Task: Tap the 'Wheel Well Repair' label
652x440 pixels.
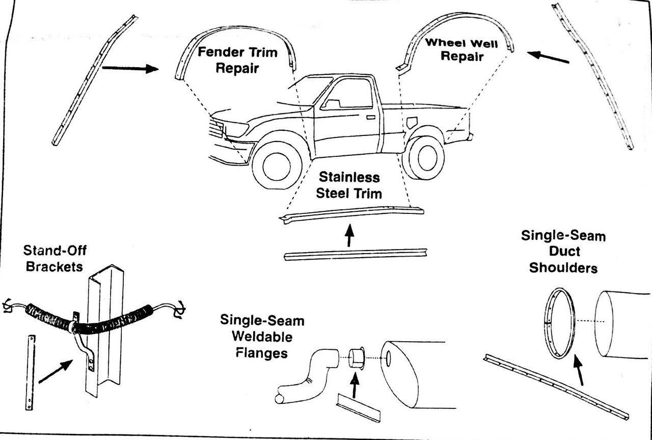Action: click(x=461, y=49)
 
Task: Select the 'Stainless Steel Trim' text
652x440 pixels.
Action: click(x=349, y=185)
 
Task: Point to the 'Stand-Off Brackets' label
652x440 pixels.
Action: click(x=53, y=258)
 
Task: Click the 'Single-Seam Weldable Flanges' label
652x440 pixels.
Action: click(x=262, y=337)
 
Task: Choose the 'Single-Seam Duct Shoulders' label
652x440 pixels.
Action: click(x=563, y=251)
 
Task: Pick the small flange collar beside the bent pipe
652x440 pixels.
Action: click(x=357, y=357)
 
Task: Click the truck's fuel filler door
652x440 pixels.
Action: click(x=411, y=123)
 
